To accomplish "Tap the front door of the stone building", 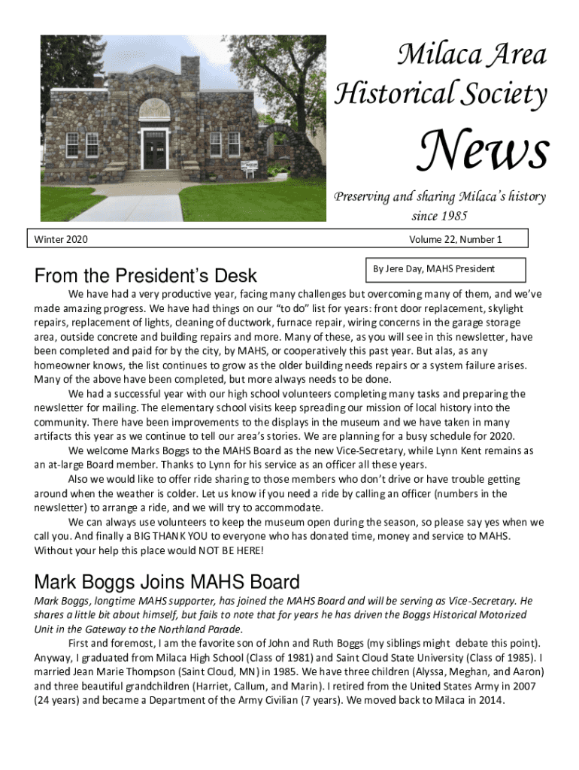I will tap(156, 150).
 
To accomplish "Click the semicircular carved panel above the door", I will tap(155, 110).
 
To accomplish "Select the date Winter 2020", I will tap(62, 240).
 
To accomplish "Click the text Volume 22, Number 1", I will tap(455, 240).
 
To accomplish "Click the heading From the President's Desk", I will tap(145, 276).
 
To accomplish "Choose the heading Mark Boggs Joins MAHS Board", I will tap(167, 582).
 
